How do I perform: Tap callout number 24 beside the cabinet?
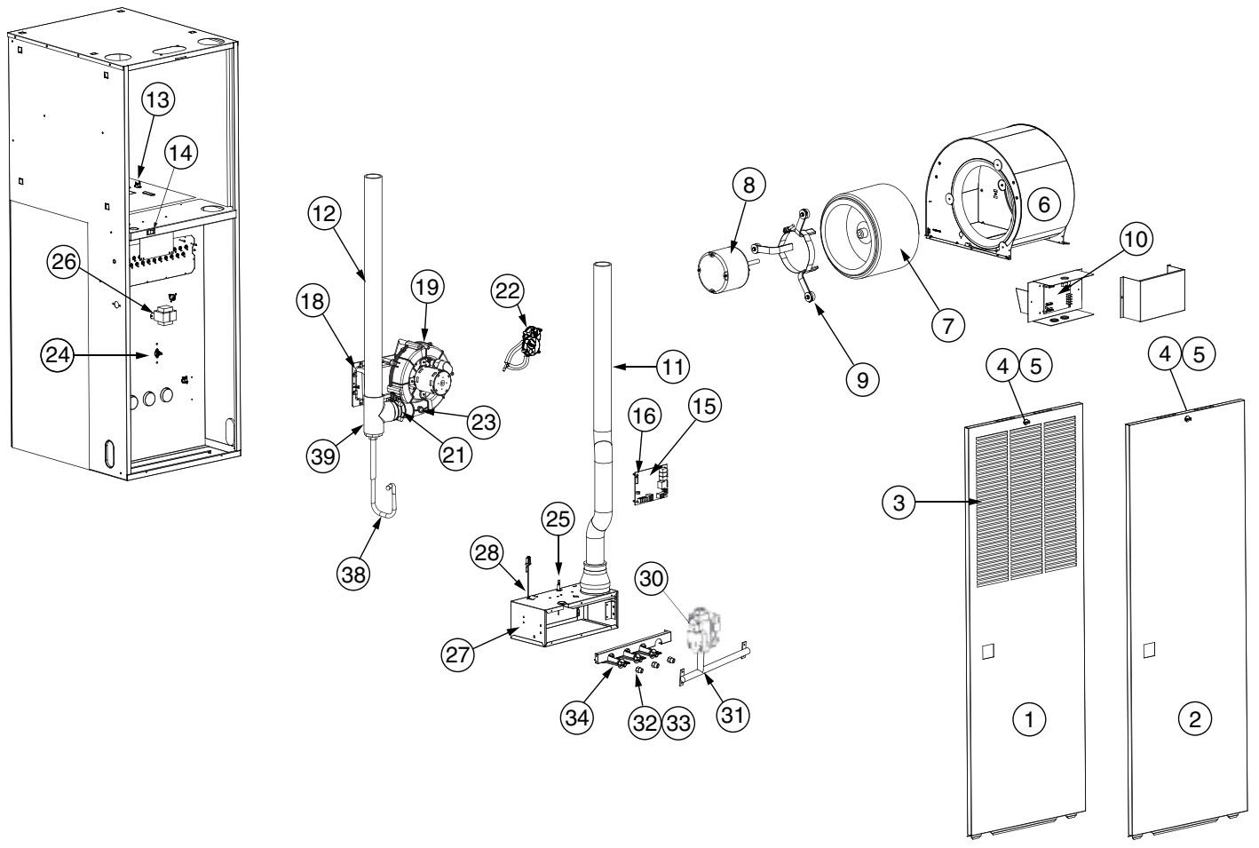pyautogui.click(x=57, y=354)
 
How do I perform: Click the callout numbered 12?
pyautogui.click(x=325, y=213)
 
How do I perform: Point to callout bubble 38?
pyautogui.click(x=353, y=574)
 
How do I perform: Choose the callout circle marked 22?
pyautogui.click(x=511, y=291)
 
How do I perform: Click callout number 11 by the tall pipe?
pyautogui.click(x=672, y=365)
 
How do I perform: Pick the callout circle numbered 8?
pyautogui.click(x=748, y=186)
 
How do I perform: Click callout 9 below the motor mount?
pyautogui.click(x=862, y=378)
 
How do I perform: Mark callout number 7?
pyautogui.click(x=947, y=326)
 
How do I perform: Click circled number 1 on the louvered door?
pyautogui.click(x=1030, y=721)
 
